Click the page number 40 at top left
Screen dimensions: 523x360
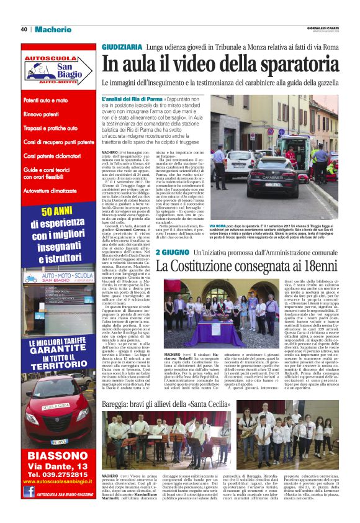point(24,29)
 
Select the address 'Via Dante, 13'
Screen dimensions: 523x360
point(57,465)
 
